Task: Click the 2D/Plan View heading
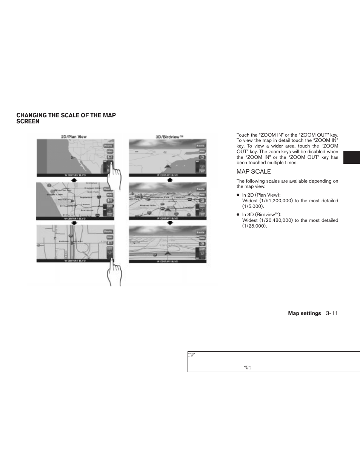click(74, 137)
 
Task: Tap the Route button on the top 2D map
click(108, 145)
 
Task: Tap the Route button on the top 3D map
click(201, 145)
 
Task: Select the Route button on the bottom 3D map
click(201, 232)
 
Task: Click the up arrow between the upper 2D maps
click(74, 180)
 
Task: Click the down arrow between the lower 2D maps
click(74, 223)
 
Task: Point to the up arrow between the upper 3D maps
click(170, 180)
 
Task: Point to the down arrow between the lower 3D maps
click(170, 223)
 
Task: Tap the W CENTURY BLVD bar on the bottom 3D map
click(168, 261)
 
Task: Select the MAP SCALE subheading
click(254, 172)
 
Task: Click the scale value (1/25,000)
click(254, 226)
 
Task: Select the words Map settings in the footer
click(304, 314)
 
